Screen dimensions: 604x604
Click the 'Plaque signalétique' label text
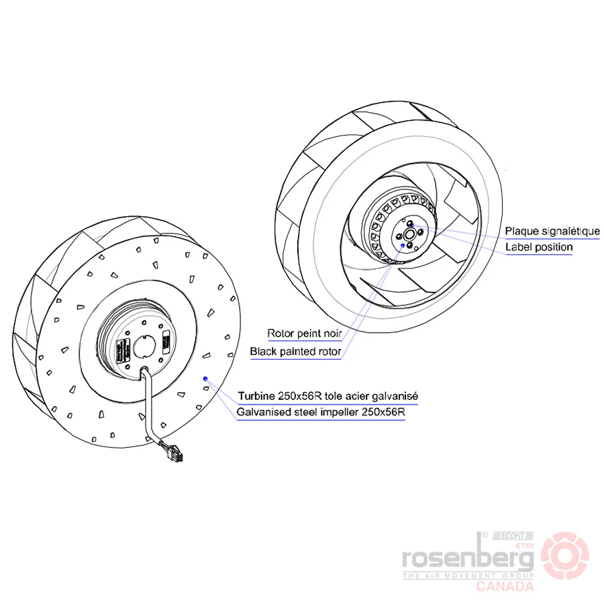pyautogui.click(x=552, y=231)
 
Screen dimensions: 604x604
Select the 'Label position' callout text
pyautogui.click(x=539, y=247)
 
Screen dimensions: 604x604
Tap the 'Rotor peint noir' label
pyautogui.click(x=304, y=333)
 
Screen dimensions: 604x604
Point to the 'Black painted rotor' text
pyautogui.click(x=295, y=351)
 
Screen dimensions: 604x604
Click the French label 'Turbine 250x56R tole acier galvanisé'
pyautogui.click(x=328, y=396)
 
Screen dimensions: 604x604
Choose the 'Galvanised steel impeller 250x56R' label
pyautogui.click(x=321, y=412)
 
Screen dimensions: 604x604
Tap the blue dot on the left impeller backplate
pyautogui.click(x=205, y=379)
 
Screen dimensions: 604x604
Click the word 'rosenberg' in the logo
pyautogui.click(x=468, y=557)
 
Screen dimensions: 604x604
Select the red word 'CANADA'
pyautogui.click(x=505, y=587)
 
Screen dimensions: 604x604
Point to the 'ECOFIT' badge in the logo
pyautogui.click(x=513, y=536)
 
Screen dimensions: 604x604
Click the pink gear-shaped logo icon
pyautogui.click(x=564, y=556)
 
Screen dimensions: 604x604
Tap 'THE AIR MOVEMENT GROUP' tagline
pyautogui.click(x=468, y=576)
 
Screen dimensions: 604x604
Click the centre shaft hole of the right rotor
pyautogui.click(x=409, y=234)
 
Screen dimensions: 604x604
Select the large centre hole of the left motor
pyautogui.click(x=144, y=346)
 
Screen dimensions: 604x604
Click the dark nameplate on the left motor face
pyautogui.click(x=123, y=350)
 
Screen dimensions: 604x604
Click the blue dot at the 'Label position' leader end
pyautogui.click(x=412, y=225)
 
